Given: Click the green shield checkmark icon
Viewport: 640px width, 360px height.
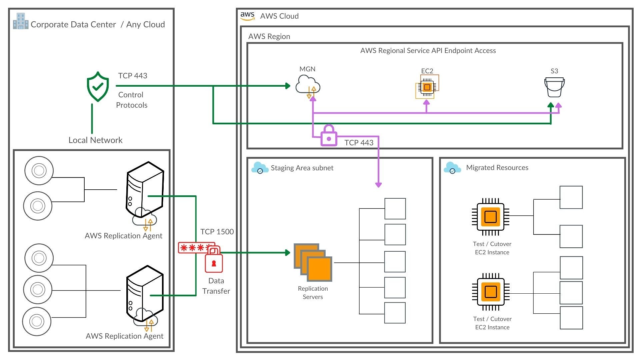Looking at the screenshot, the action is (x=98, y=86).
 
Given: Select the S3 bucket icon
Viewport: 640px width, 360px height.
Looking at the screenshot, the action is (x=554, y=87).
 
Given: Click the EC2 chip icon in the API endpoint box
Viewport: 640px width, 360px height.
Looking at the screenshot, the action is (x=427, y=87).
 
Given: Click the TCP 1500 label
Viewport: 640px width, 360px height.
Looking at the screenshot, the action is (x=217, y=232).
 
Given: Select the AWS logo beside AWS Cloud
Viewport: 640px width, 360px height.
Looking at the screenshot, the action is (x=247, y=16).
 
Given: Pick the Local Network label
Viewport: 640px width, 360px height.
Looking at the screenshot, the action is (x=95, y=140).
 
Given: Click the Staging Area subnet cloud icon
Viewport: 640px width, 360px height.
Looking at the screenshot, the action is (x=260, y=168).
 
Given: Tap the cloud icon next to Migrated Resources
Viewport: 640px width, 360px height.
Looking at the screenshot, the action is (x=452, y=168).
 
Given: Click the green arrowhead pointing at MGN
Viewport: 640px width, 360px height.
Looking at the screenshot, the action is (x=288, y=86).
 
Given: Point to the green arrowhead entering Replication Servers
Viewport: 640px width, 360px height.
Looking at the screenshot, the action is (x=288, y=253).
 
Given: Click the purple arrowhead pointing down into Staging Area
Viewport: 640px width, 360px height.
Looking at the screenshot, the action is (x=378, y=185).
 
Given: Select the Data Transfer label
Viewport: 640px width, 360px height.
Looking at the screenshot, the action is (x=216, y=286).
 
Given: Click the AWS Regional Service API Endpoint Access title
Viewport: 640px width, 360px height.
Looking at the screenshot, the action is (x=428, y=51).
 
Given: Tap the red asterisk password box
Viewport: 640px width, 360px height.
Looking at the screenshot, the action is (x=195, y=248).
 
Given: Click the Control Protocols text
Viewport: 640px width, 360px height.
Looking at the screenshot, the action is (x=132, y=100).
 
